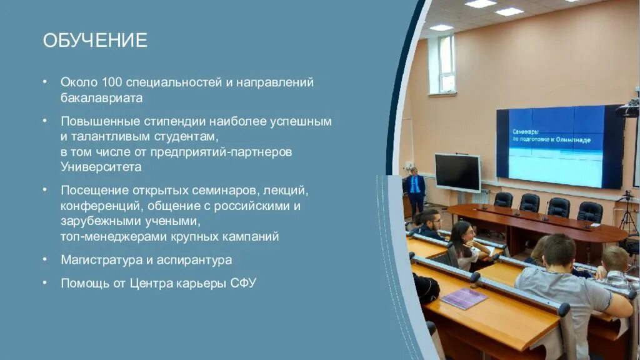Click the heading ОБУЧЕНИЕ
click(x=95, y=41)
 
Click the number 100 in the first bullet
click(x=112, y=82)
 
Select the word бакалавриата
click(x=102, y=98)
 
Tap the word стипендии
click(x=174, y=121)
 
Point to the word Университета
click(x=101, y=167)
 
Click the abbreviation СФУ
click(x=243, y=283)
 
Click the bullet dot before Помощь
click(x=45, y=282)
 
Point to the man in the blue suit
click(x=416, y=192)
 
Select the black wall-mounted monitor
click(x=457, y=172)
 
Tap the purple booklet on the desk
click(x=464, y=298)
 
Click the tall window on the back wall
click(x=442, y=65)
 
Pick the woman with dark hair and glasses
click(x=464, y=245)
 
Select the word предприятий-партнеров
click(x=221, y=152)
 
